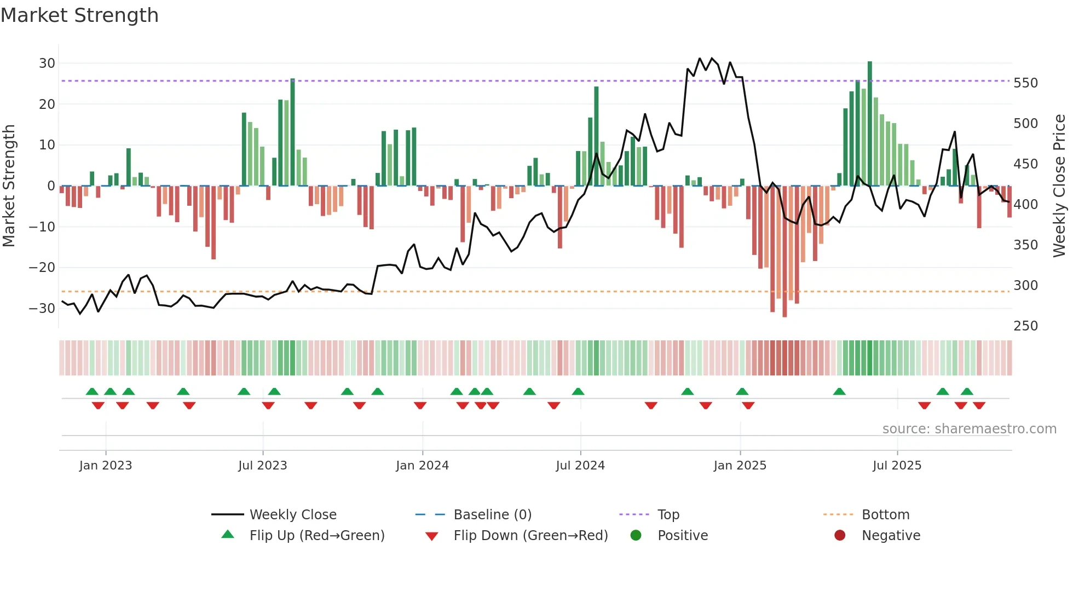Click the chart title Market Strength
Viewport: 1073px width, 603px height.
pos(79,15)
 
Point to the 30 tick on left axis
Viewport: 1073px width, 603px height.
pos(47,63)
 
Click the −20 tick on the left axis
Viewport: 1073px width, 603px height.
pos(42,268)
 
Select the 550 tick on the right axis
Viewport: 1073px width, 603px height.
pos(1025,83)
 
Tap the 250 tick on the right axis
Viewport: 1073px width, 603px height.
pos(1025,326)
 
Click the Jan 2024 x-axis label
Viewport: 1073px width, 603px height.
pos(422,466)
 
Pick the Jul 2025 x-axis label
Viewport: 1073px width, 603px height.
pos(897,466)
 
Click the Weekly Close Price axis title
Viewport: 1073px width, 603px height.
pos(1059,186)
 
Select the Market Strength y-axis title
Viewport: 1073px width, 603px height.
pos(9,186)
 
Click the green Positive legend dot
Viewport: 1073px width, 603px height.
pos(636,536)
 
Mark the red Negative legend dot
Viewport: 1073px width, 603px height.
pos(840,536)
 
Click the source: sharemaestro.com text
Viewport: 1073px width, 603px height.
pos(969,429)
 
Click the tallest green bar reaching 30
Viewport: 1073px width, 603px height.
pos(870,123)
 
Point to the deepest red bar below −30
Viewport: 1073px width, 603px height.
pos(784,252)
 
